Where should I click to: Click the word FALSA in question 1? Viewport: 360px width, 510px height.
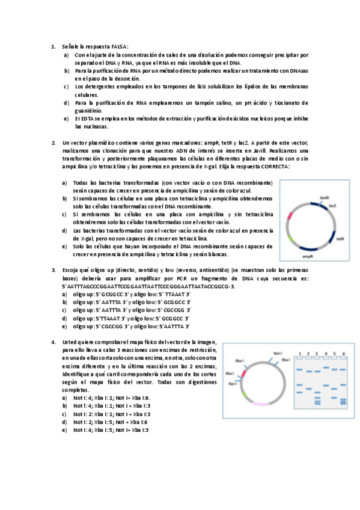coord(119,46)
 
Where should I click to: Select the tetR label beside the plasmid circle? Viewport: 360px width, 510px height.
coord(339,239)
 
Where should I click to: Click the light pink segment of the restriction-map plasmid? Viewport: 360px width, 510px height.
coord(261,404)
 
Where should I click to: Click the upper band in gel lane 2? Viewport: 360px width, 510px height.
coord(308,371)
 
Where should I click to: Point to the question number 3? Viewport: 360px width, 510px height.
coord(53,270)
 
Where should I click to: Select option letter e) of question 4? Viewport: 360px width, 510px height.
coord(64,430)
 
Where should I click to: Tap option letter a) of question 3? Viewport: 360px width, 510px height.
coord(64,295)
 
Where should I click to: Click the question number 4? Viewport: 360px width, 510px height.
coord(53,342)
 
